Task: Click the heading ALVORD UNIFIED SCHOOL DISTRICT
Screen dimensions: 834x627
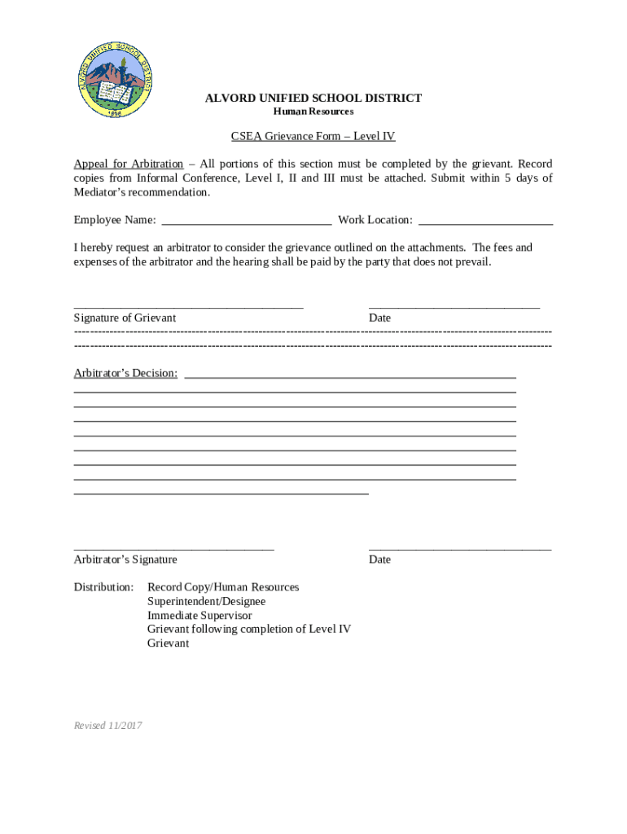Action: click(x=313, y=99)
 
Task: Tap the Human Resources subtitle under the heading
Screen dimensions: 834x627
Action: click(x=313, y=112)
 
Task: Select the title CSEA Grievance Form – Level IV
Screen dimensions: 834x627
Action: click(x=313, y=137)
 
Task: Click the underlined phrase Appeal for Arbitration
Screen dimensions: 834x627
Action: click(x=128, y=164)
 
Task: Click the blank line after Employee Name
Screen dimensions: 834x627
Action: click(x=247, y=221)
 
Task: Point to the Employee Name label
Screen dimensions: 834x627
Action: click(x=115, y=220)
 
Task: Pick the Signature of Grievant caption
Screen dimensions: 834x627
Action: click(x=125, y=318)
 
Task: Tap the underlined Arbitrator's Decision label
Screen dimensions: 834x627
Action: click(x=125, y=373)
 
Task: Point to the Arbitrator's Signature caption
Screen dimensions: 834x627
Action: click(x=125, y=560)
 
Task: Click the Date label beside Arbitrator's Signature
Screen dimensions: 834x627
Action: click(x=379, y=560)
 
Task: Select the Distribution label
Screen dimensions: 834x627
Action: click(x=103, y=587)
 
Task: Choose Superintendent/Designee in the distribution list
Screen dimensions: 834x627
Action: click(x=206, y=601)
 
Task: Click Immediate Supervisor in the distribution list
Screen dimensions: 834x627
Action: click(x=199, y=616)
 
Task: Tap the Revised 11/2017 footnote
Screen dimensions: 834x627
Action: click(x=107, y=725)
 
